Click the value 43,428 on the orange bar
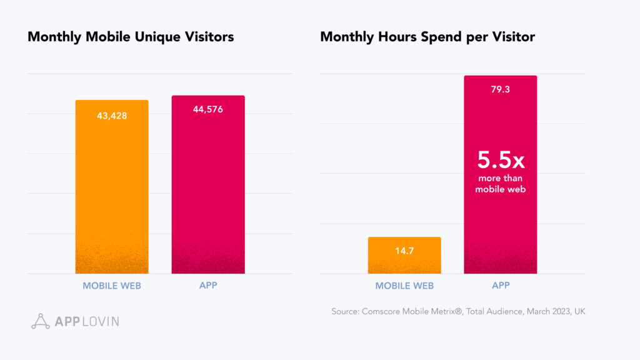point(112,116)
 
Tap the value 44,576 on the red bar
point(208,109)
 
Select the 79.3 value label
point(500,89)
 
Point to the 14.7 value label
point(404,251)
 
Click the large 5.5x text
point(501,161)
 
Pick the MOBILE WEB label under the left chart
point(112,286)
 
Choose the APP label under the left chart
point(208,286)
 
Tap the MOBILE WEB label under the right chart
point(404,286)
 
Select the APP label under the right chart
point(501,286)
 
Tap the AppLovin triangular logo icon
point(41,321)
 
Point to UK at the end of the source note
point(579,311)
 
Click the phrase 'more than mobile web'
point(500,184)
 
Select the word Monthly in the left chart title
point(53,37)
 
